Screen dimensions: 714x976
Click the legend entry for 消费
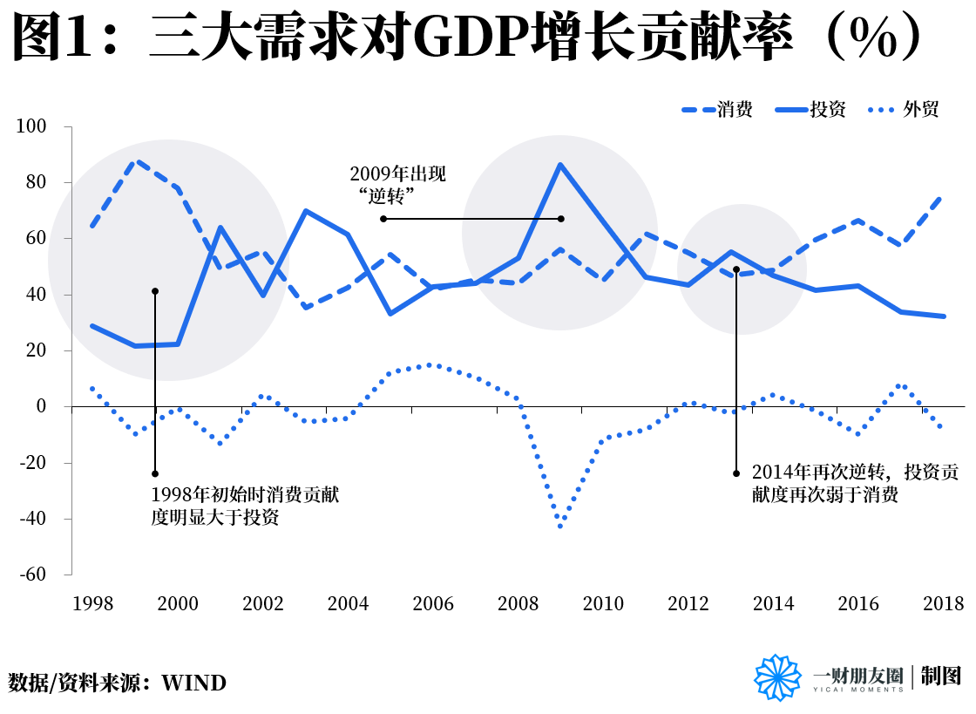point(716,110)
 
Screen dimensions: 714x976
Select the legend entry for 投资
point(810,110)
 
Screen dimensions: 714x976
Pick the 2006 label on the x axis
point(433,603)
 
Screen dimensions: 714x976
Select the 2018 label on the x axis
point(943,603)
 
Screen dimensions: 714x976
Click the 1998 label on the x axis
point(92,603)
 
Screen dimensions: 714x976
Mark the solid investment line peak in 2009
point(560,164)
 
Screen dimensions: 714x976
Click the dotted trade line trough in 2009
point(560,526)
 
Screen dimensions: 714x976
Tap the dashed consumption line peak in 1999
point(136,161)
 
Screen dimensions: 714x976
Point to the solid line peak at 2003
point(306,210)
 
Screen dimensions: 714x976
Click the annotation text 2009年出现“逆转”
point(396,183)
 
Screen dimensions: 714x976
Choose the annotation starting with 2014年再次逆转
point(854,484)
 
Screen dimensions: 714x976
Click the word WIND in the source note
point(193,683)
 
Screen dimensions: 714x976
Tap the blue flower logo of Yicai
point(777,677)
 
